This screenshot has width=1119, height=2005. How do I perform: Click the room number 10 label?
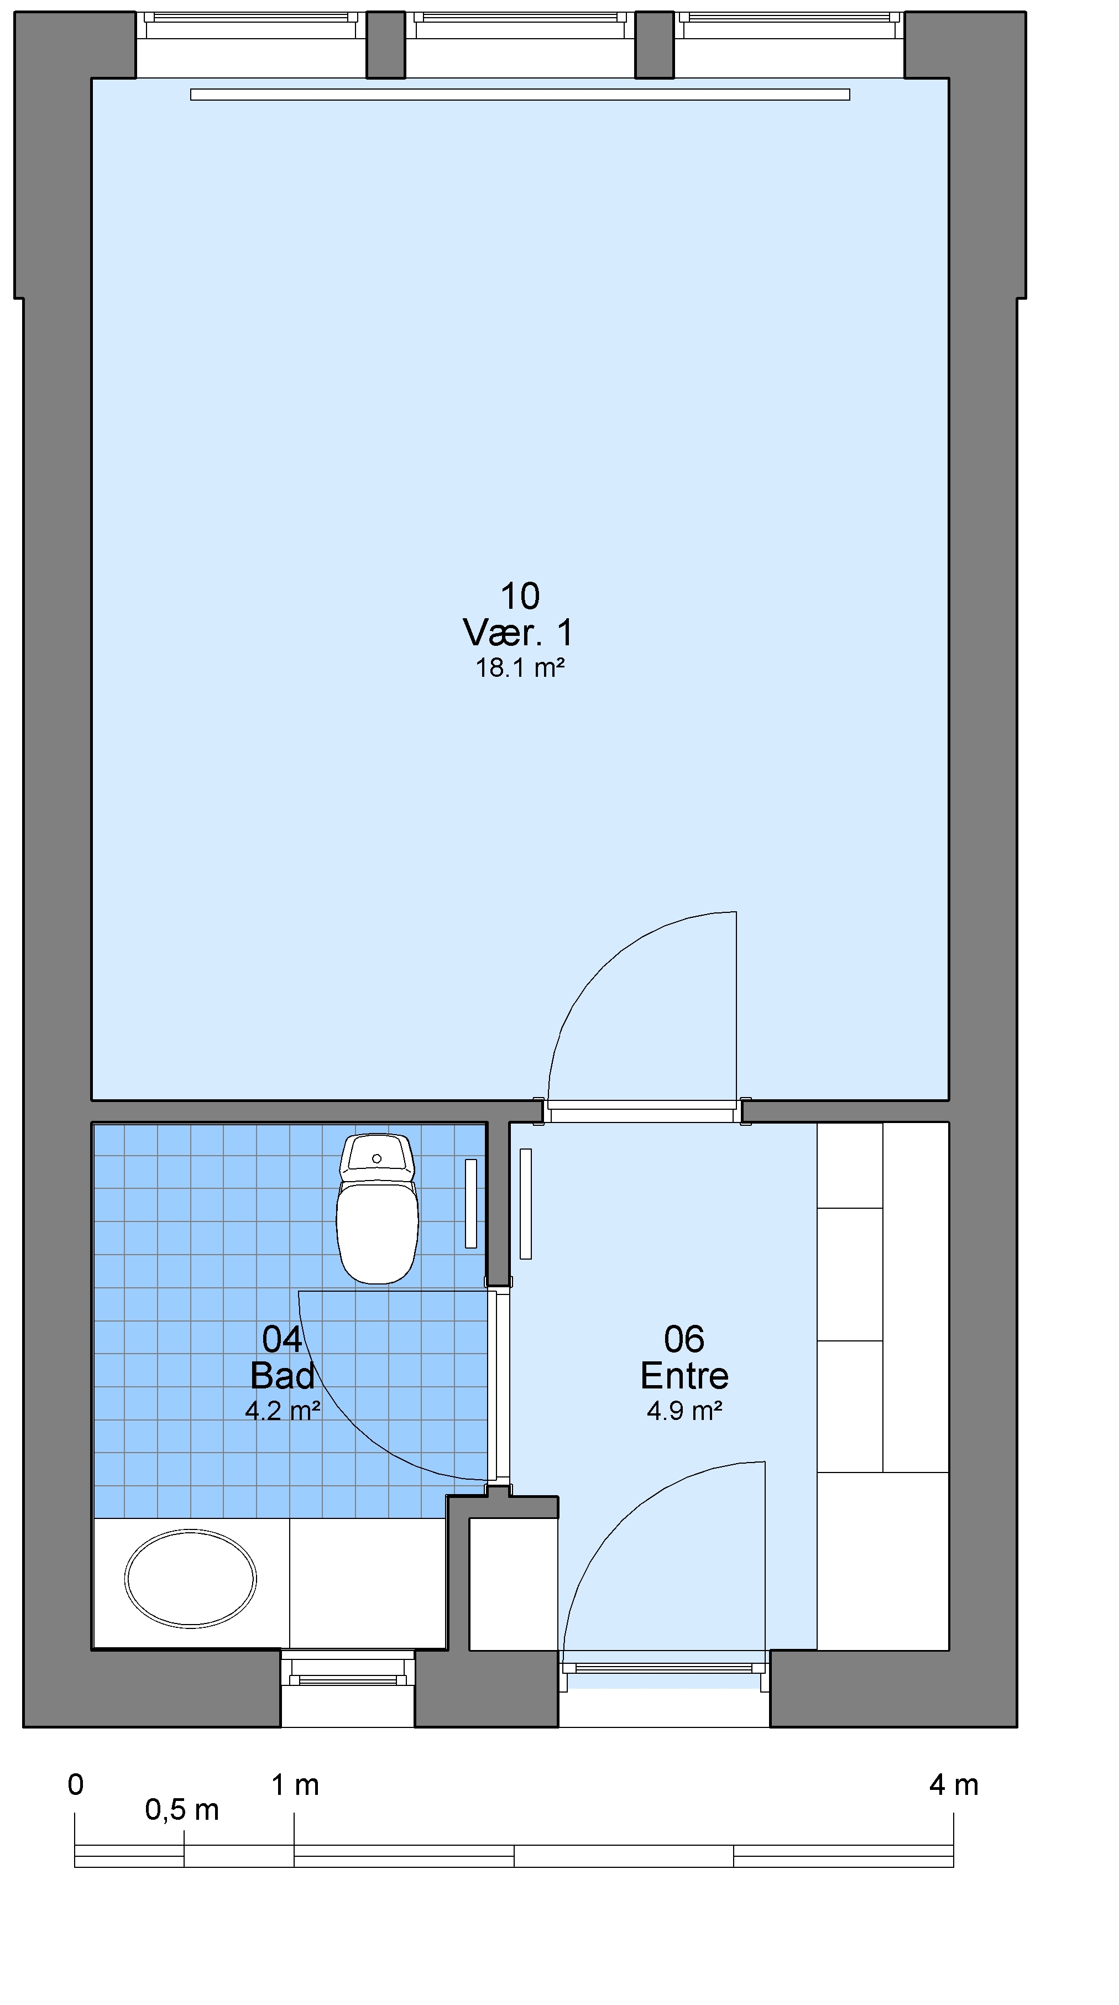[520, 597]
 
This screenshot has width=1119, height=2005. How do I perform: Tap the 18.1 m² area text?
[520, 668]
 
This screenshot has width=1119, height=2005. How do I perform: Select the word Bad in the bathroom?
[283, 1376]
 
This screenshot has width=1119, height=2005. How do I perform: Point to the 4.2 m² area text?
[283, 1411]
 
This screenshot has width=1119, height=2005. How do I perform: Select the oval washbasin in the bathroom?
[191, 1579]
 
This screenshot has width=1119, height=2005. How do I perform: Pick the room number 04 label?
[283, 1339]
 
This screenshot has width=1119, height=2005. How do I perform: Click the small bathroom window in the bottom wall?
[348, 1669]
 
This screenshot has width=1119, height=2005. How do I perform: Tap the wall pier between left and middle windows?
[386, 45]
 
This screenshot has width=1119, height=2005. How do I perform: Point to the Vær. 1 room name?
[519, 633]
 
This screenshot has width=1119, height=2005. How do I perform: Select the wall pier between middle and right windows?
[655, 45]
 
